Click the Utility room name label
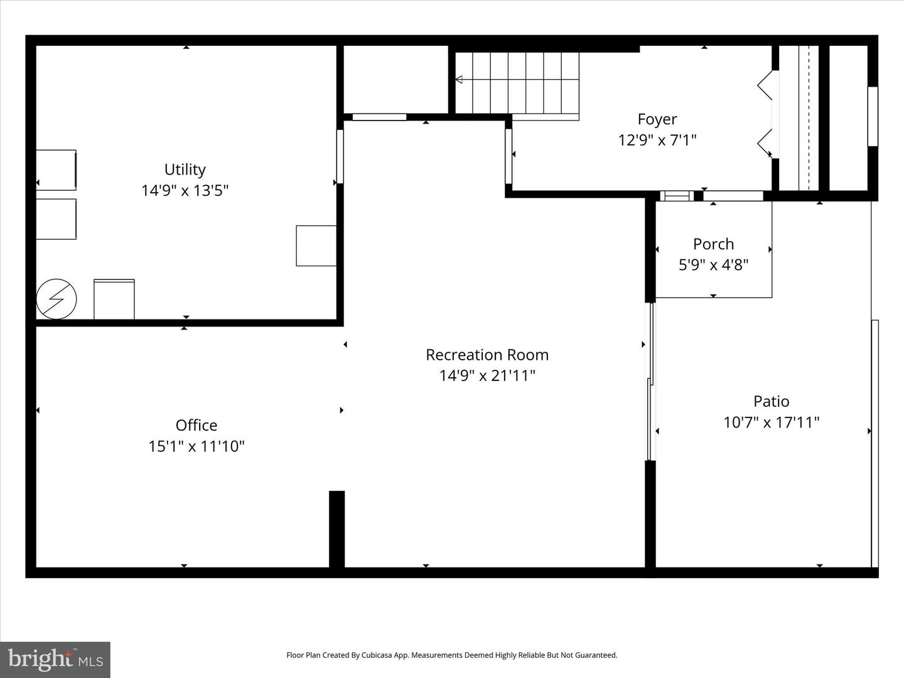pos(185,169)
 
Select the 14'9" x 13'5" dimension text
pos(185,190)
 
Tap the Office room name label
pos(196,425)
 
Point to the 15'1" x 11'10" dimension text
pos(196,446)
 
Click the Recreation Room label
pos(487,355)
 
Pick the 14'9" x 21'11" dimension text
pos(487,375)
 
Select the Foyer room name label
pos(657,119)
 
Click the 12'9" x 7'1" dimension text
pos(657,140)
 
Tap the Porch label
pos(713,244)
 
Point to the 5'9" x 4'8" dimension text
pos(713,265)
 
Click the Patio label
pos(771,401)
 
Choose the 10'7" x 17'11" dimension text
pos(771,422)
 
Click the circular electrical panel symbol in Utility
pos(56,299)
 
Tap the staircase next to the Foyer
pos(517,83)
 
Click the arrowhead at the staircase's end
pos(459,80)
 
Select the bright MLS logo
pos(55,659)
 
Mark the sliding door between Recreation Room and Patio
pos(650,382)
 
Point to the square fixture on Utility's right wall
pos(316,245)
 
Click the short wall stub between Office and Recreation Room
pos(337,529)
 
